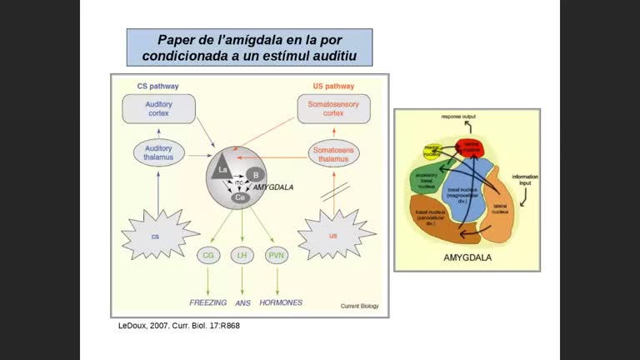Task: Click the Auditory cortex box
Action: (x=158, y=108)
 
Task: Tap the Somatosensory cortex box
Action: (x=332, y=108)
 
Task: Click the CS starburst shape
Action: (x=156, y=236)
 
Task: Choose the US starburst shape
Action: (x=332, y=236)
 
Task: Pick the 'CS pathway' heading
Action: (x=157, y=86)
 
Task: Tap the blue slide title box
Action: (x=249, y=47)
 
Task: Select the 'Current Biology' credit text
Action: (x=359, y=307)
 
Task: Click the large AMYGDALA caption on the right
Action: (x=467, y=258)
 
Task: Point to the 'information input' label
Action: (x=525, y=179)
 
